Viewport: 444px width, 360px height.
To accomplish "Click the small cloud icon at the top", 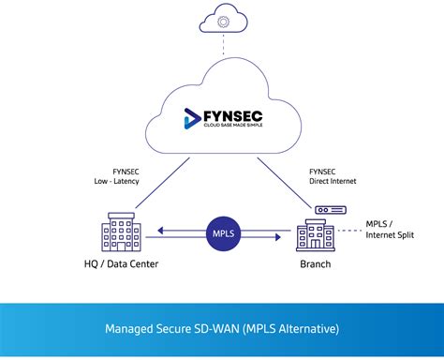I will point(221,20).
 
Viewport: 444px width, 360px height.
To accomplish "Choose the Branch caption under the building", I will point(314,264).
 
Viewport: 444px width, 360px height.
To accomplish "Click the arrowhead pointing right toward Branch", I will point(278,237).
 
